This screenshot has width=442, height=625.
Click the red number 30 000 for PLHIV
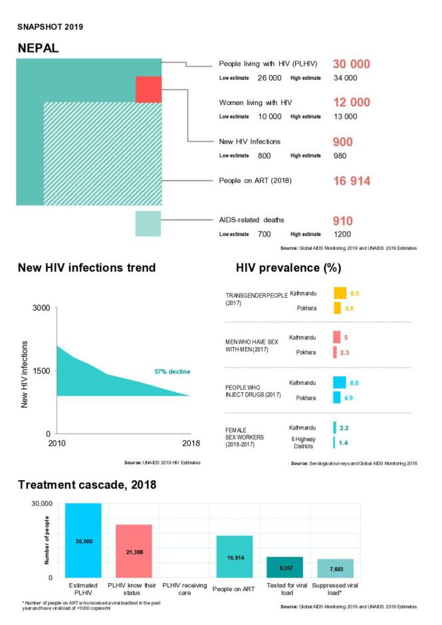[x=352, y=64]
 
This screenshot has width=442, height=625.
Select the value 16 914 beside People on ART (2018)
[x=352, y=181]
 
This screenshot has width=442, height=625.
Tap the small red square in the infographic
[x=148, y=89]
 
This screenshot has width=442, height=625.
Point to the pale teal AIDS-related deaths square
[x=148, y=223]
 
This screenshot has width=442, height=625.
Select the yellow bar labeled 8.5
[x=340, y=293]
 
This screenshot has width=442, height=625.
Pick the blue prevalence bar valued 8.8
[x=339, y=382]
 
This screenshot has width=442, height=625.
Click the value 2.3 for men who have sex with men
[x=345, y=352]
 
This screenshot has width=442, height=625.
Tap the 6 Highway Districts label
[x=304, y=442]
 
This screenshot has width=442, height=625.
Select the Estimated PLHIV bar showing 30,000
[x=83, y=541]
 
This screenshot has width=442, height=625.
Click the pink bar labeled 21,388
[x=134, y=551]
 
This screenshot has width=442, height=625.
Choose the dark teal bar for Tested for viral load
[x=284, y=567]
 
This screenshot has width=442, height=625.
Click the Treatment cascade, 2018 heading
[x=87, y=485]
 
